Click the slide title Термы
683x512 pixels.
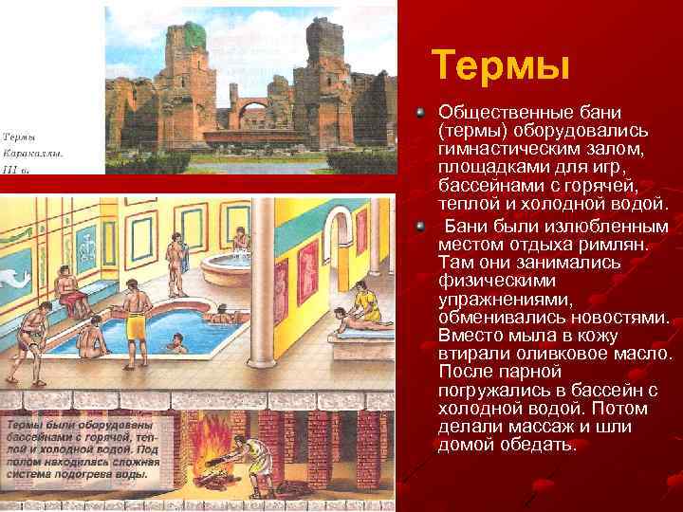(500, 66)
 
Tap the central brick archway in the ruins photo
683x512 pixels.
(253, 117)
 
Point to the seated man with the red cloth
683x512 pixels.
(67, 290)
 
